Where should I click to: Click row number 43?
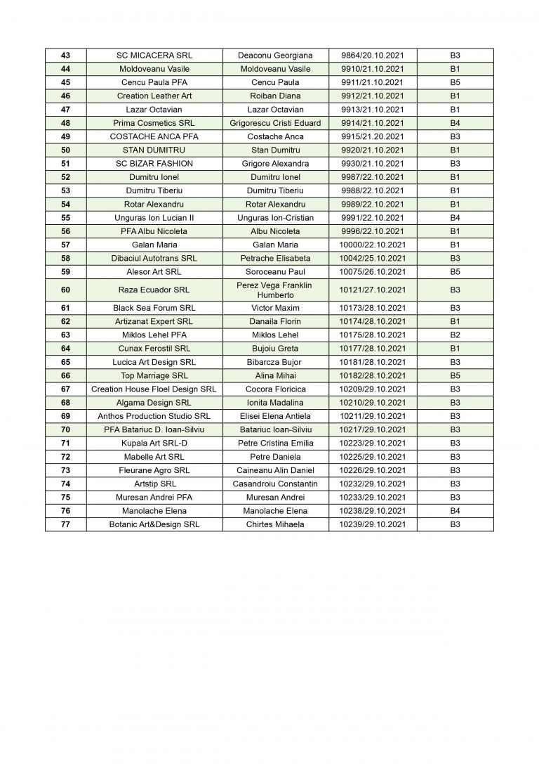[65, 56]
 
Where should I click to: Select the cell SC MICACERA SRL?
[154, 56]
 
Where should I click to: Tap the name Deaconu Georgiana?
[275, 56]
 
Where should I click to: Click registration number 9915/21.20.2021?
[373, 136]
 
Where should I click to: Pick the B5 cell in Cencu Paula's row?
[454, 82]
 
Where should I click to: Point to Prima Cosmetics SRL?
[154, 123]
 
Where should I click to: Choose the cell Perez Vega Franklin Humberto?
[275, 290]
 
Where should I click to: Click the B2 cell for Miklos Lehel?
[454, 335]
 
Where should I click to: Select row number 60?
[65, 290]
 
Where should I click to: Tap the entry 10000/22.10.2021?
[373, 245]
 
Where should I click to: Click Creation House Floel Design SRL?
[154, 389]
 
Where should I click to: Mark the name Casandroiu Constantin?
[275, 484]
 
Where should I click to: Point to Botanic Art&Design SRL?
[154, 524]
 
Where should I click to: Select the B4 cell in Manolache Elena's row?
[454, 511]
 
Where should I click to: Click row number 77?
[65, 524]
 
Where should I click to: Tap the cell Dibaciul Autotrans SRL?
[154, 259]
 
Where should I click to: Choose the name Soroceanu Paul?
[275, 272]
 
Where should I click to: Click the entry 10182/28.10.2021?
[373, 375]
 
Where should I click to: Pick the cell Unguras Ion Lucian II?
[154, 218]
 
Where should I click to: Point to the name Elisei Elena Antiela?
[275, 416]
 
